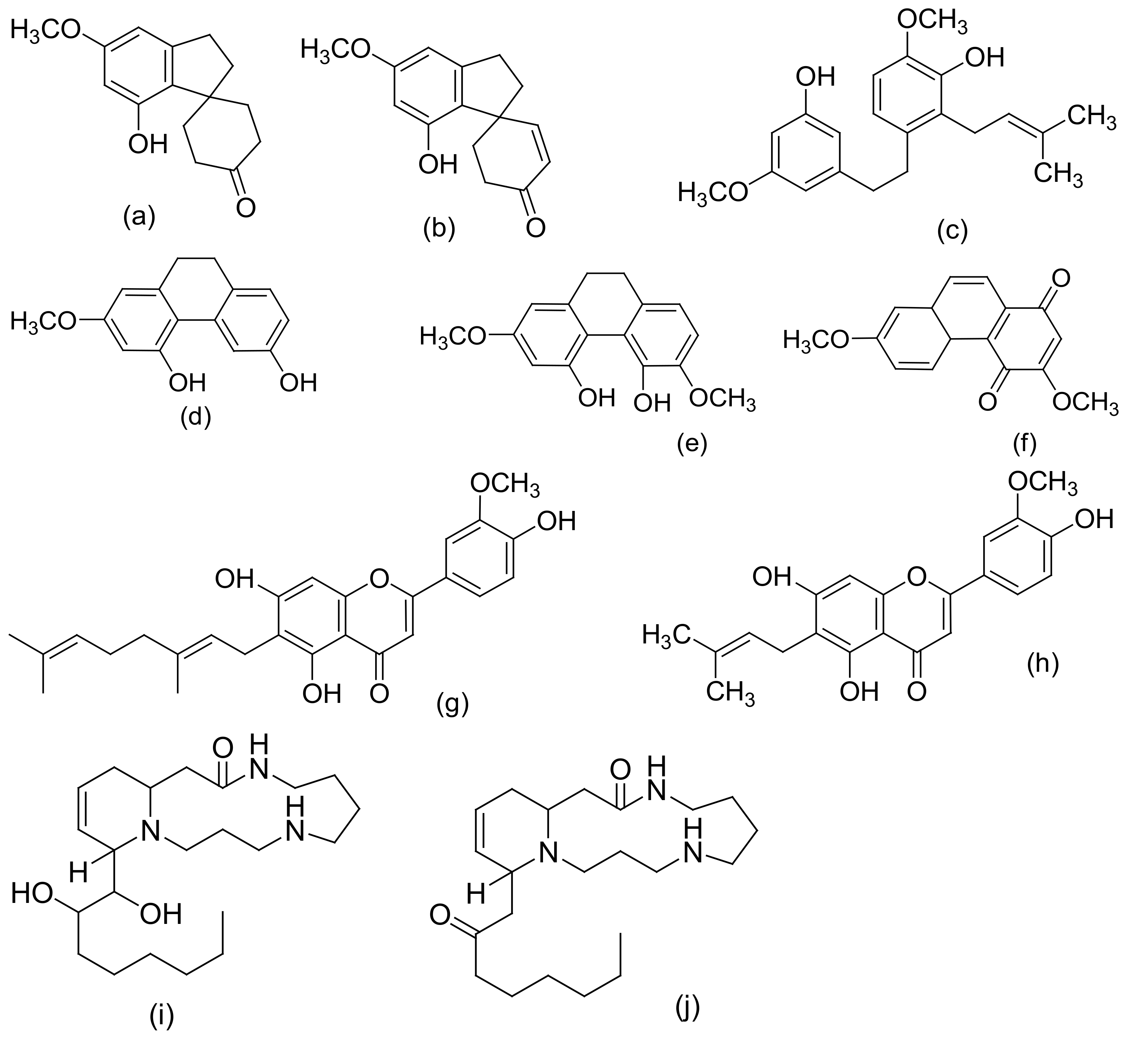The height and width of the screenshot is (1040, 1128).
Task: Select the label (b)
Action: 438,230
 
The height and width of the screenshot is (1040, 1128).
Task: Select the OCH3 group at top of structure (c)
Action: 931,21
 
